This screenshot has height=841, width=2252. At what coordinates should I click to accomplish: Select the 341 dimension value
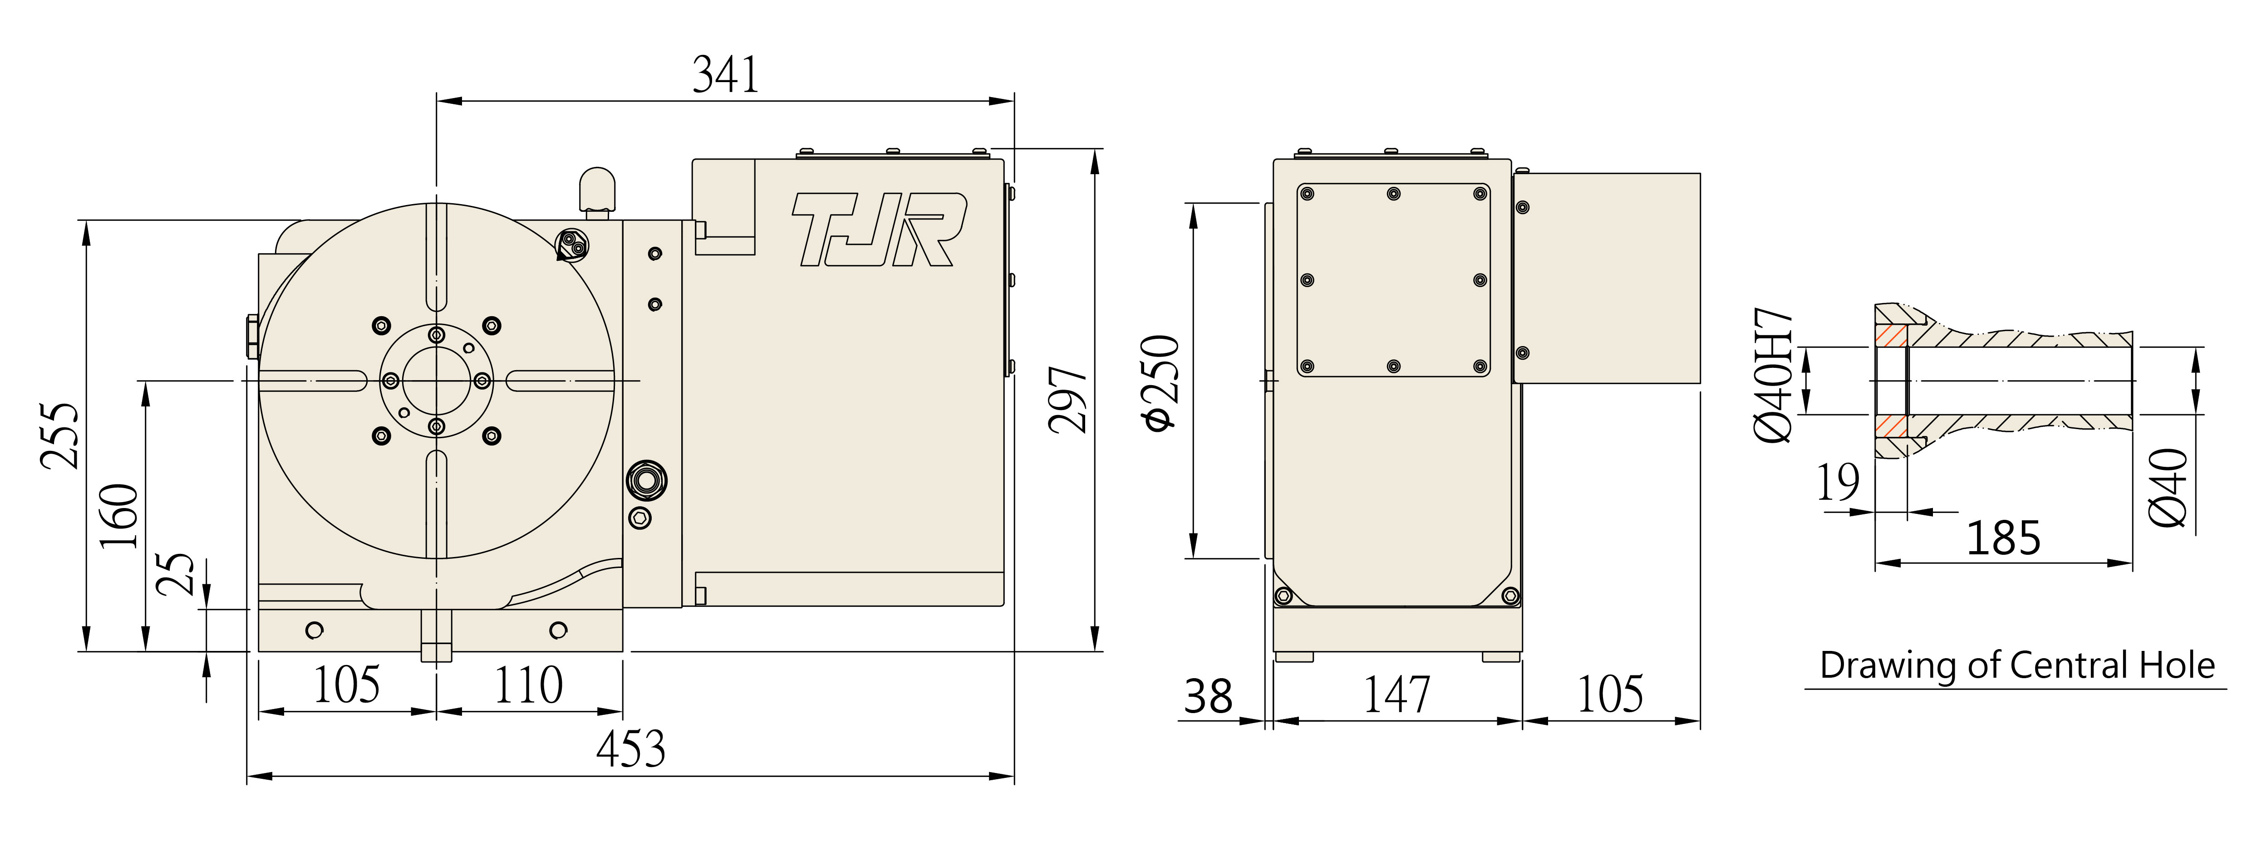[x=726, y=75]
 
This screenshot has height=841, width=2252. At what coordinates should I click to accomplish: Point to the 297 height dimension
[x=1068, y=400]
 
